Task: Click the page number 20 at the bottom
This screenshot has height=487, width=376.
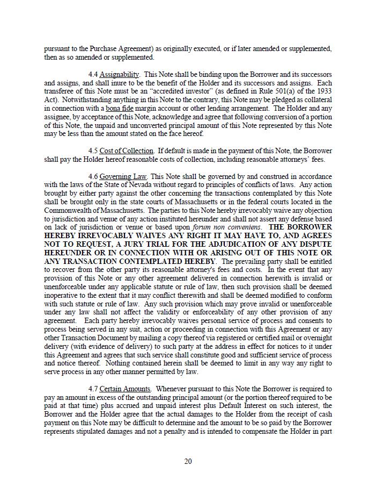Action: point(188,461)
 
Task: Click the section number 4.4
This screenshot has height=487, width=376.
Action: point(93,74)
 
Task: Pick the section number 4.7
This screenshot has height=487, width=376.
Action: point(93,389)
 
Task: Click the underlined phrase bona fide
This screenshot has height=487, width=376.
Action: point(119,108)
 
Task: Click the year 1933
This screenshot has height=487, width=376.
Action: point(324,91)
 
